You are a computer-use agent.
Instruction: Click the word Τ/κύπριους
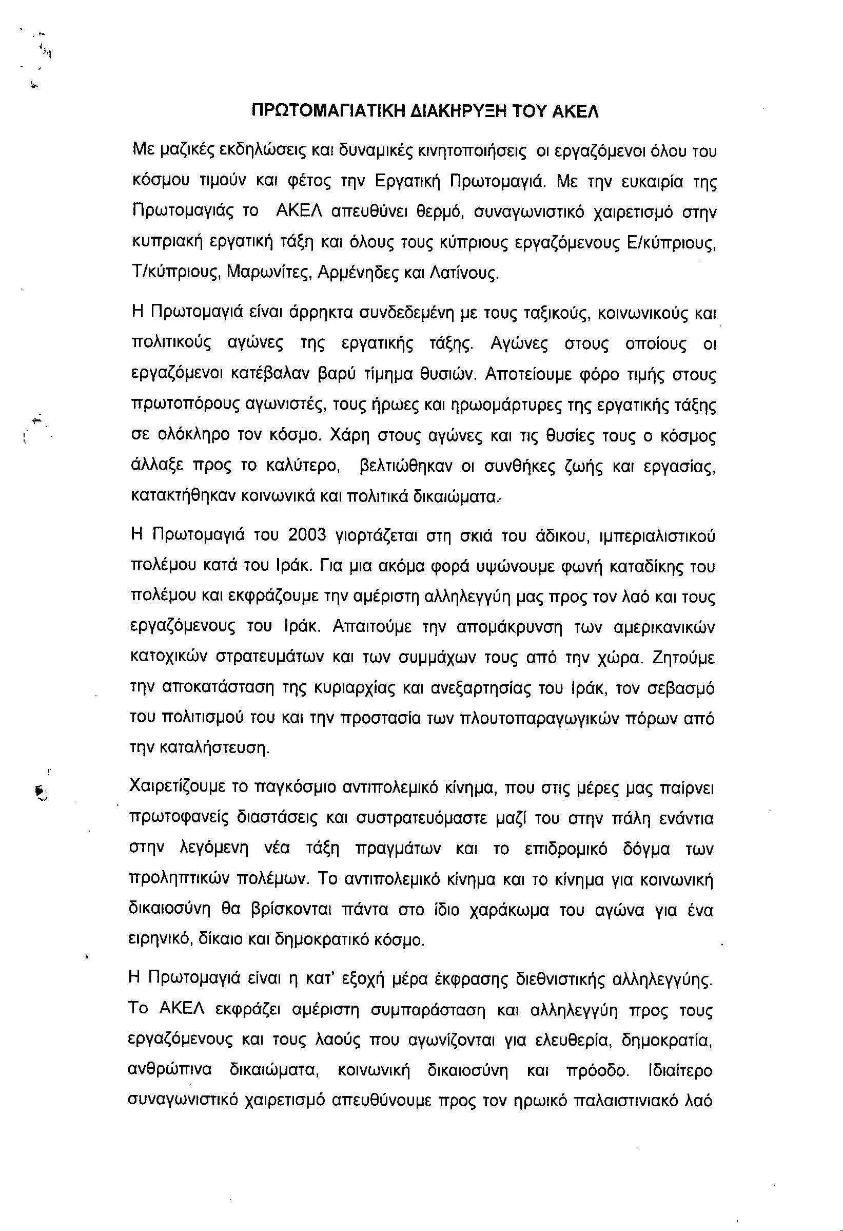click(176, 273)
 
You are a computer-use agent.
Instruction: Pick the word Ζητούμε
click(683, 658)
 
